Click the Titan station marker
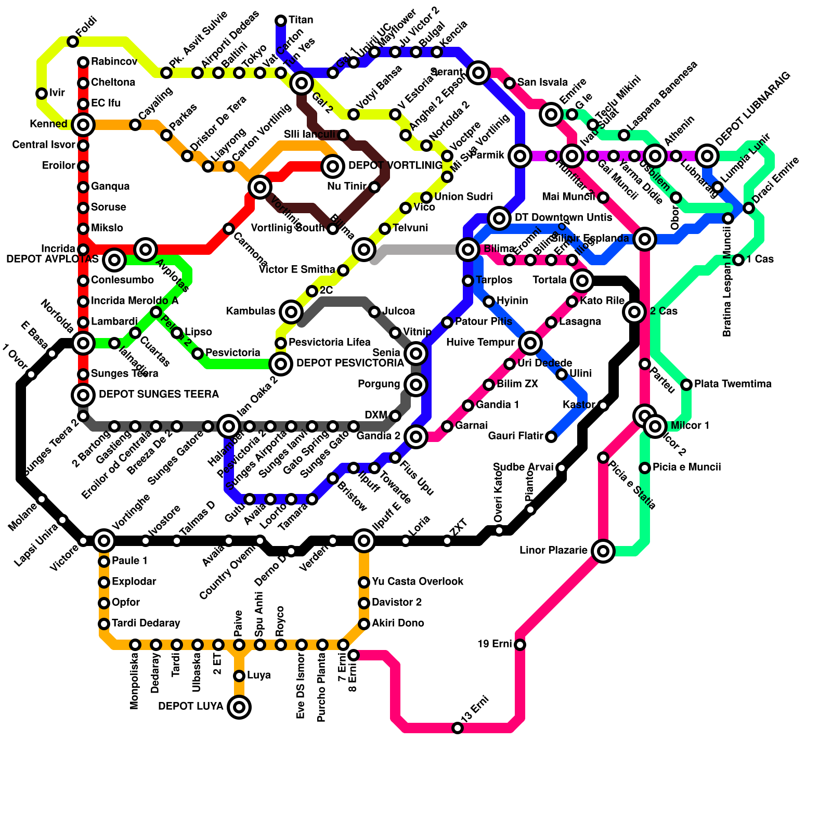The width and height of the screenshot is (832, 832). coord(281,21)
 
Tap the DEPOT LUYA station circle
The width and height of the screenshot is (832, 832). coord(239,707)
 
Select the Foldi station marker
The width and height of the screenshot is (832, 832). coord(73,42)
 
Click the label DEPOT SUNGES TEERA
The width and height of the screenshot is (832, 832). coord(159,395)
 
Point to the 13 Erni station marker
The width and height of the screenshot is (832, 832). coord(458,728)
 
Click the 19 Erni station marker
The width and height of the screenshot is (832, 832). coord(520,645)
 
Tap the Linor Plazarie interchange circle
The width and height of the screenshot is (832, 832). coord(603,551)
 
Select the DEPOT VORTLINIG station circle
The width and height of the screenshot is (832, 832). coord(333,166)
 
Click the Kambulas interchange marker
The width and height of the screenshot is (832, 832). coord(291,312)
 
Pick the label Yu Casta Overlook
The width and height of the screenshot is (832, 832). coord(418,582)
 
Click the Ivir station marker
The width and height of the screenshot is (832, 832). coord(42,94)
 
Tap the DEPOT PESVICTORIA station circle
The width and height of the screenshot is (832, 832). coord(281,364)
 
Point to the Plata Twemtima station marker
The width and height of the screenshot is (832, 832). coord(686,385)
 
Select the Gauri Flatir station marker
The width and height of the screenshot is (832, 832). coord(551,437)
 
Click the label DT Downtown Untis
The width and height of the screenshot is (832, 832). coord(563,218)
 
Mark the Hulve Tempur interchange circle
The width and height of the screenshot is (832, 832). coord(530,343)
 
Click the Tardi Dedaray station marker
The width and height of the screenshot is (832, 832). coord(104,624)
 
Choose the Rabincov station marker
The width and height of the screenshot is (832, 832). coord(83,62)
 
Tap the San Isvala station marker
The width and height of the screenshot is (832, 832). coord(510,83)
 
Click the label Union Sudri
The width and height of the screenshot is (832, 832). coord(463,197)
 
